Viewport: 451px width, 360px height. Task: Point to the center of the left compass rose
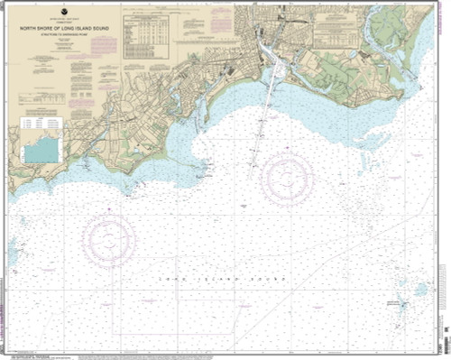click(x=109, y=239)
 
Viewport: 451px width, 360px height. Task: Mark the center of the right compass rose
click(x=287, y=178)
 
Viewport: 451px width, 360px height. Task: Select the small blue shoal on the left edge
click(x=14, y=246)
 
